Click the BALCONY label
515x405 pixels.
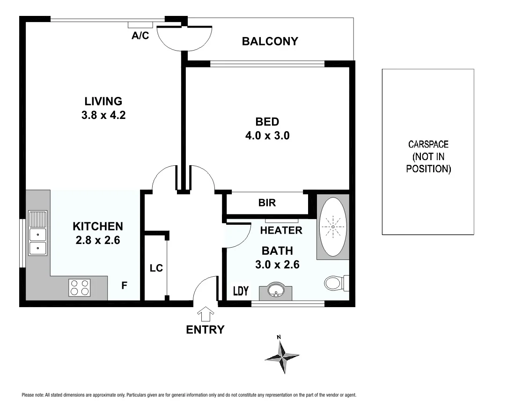270,41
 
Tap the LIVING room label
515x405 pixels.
103,101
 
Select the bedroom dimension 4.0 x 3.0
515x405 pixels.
267,136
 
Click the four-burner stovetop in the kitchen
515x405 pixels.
80,287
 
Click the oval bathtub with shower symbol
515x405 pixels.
333,227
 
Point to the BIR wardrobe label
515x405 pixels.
267,203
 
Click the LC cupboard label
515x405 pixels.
156,268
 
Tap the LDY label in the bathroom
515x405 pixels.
241,291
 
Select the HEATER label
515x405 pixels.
281,230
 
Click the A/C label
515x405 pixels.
140,36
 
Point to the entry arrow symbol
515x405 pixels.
206,313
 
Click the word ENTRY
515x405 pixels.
205,330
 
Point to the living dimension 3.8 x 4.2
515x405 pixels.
103,115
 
